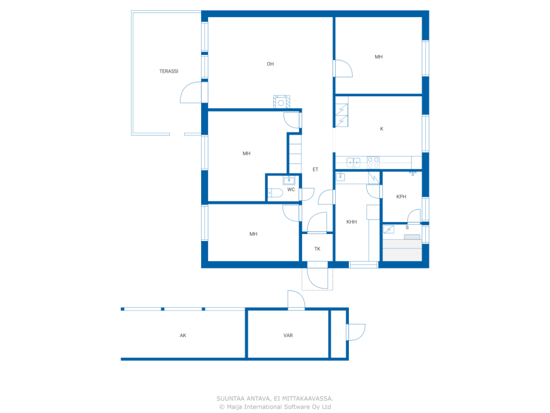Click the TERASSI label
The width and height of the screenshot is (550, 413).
[x=168, y=71]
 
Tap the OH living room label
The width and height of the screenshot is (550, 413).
[x=270, y=64]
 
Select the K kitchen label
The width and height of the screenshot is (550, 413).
[x=382, y=129]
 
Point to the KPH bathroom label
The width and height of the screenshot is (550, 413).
[x=401, y=197]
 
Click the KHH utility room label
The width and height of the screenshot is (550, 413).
[x=351, y=222]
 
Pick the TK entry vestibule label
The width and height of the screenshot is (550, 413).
[x=317, y=249]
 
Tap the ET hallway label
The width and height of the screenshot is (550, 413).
[x=315, y=170]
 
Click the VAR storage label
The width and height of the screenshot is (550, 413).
[x=288, y=335]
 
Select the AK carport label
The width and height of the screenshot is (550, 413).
[x=183, y=335]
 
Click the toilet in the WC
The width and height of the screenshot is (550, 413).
[x=275, y=193]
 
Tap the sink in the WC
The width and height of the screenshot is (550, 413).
[x=289, y=180]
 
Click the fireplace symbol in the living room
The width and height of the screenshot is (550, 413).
[x=281, y=102]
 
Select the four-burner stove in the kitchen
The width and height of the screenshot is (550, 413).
[x=373, y=163]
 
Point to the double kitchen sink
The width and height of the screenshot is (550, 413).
[x=353, y=163]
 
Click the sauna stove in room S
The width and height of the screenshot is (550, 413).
[x=388, y=229]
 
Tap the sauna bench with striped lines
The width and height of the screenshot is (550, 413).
[x=402, y=250]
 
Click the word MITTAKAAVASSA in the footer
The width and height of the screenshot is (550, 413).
[x=308, y=398]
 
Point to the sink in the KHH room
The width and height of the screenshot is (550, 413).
[x=340, y=176]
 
